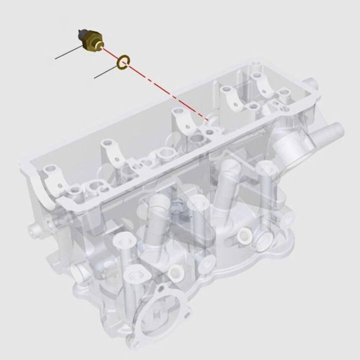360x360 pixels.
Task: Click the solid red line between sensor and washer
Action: coord(110,53)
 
